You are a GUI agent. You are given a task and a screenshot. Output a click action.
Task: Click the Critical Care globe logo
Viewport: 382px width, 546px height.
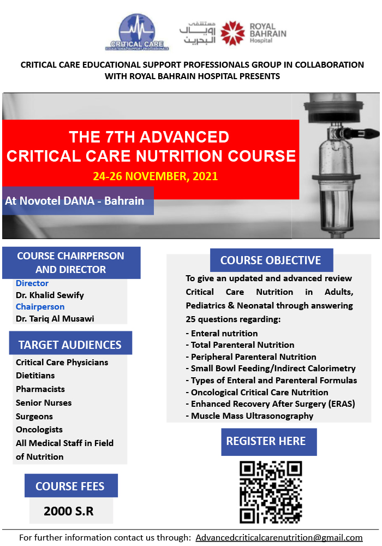tap(137, 32)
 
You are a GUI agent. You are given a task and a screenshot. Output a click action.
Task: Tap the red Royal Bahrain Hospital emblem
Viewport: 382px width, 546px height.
tap(233, 33)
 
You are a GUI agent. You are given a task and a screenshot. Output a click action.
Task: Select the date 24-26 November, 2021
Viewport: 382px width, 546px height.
tap(155, 176)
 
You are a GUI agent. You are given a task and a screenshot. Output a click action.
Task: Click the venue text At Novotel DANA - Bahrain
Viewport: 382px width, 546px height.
tap(74, 201)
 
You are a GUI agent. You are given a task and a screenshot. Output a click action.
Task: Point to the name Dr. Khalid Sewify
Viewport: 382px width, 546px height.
tap(50, 295)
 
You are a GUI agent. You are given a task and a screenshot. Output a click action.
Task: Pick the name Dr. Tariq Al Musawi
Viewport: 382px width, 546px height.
tap(55, 319)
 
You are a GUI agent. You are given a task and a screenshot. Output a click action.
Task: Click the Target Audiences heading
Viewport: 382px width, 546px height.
tap(70, 345)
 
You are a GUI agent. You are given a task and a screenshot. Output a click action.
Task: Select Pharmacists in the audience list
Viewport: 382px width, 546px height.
tap(40, 389)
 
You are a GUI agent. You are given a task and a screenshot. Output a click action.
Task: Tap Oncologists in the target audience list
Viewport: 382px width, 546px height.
tap(39, 430)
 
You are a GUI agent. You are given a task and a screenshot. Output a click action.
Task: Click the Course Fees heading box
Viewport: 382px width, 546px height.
tap(71, 486)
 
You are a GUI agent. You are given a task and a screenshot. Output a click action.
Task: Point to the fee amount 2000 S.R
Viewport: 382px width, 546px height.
tap(69, 511)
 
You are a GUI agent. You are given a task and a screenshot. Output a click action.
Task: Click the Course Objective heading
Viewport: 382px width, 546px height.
tap(271, 260)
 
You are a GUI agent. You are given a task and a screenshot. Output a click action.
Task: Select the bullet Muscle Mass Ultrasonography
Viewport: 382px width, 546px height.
tap(249, 416)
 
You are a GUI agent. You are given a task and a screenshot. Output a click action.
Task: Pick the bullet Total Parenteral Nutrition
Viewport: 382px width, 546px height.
tap(240, 345)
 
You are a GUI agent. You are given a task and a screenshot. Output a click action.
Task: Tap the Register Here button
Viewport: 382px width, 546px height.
tap(269, 442)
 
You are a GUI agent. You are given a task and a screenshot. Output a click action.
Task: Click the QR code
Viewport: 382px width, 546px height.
tap(271, 492)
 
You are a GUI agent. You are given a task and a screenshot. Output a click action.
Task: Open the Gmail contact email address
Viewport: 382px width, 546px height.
tap(279, 538)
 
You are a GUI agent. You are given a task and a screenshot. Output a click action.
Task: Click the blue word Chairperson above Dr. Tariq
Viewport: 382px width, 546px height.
tap(40, 307)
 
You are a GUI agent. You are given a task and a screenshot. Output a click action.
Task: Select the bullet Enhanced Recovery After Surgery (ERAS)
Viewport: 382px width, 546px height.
tap(270, 404)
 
